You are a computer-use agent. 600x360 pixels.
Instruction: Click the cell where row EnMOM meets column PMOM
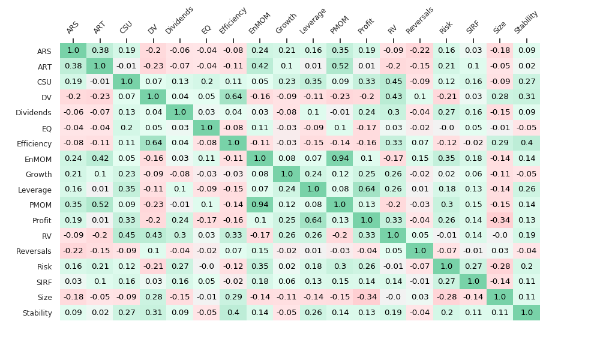pos(340,158)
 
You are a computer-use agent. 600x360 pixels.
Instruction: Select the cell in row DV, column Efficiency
pos(233,97)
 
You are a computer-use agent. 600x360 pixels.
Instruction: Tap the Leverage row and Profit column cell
pos(367,189)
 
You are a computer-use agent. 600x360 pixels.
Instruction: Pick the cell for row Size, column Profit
pos(367,297)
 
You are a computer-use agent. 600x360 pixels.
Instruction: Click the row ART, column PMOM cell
pos(340,66)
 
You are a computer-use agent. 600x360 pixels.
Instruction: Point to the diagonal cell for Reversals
pos(420,251)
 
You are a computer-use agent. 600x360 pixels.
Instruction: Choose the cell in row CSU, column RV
pos(393,82)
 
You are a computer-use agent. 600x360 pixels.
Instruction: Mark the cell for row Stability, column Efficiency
pos(233,313)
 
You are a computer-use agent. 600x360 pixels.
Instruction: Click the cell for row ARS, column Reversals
pos(420,51)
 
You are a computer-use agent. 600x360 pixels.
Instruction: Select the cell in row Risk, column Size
pos(500,266)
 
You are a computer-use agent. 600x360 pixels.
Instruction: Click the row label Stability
pos(37,313)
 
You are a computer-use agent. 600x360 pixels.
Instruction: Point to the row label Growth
pos(38,175)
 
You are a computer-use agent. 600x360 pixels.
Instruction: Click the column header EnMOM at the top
pos(259,25)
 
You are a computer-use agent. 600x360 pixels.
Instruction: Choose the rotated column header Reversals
pos(419,20)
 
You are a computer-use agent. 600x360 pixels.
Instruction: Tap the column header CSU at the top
pos(126,28)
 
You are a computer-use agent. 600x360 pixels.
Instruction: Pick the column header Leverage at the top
pos(313,21)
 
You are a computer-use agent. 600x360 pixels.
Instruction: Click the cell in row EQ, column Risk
pos(446,128)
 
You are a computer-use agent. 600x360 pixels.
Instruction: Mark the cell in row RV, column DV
pos(153,235)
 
